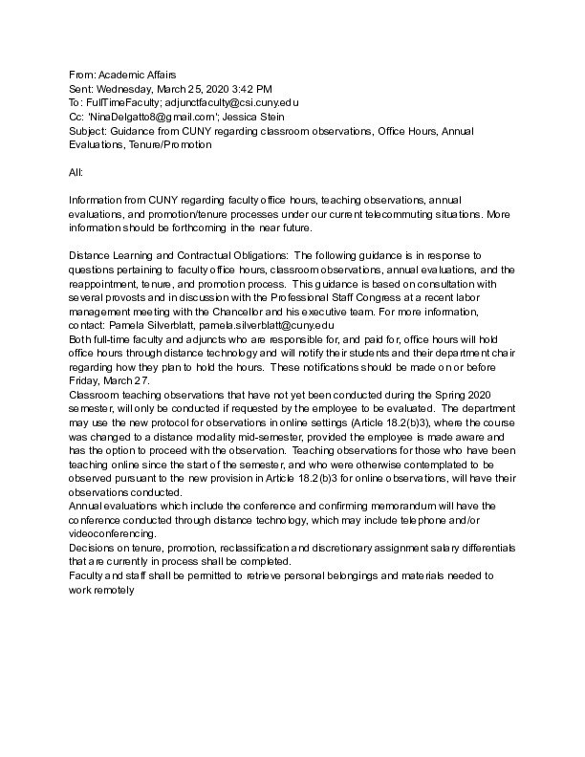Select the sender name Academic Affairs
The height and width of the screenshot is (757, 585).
pos(137,75)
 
